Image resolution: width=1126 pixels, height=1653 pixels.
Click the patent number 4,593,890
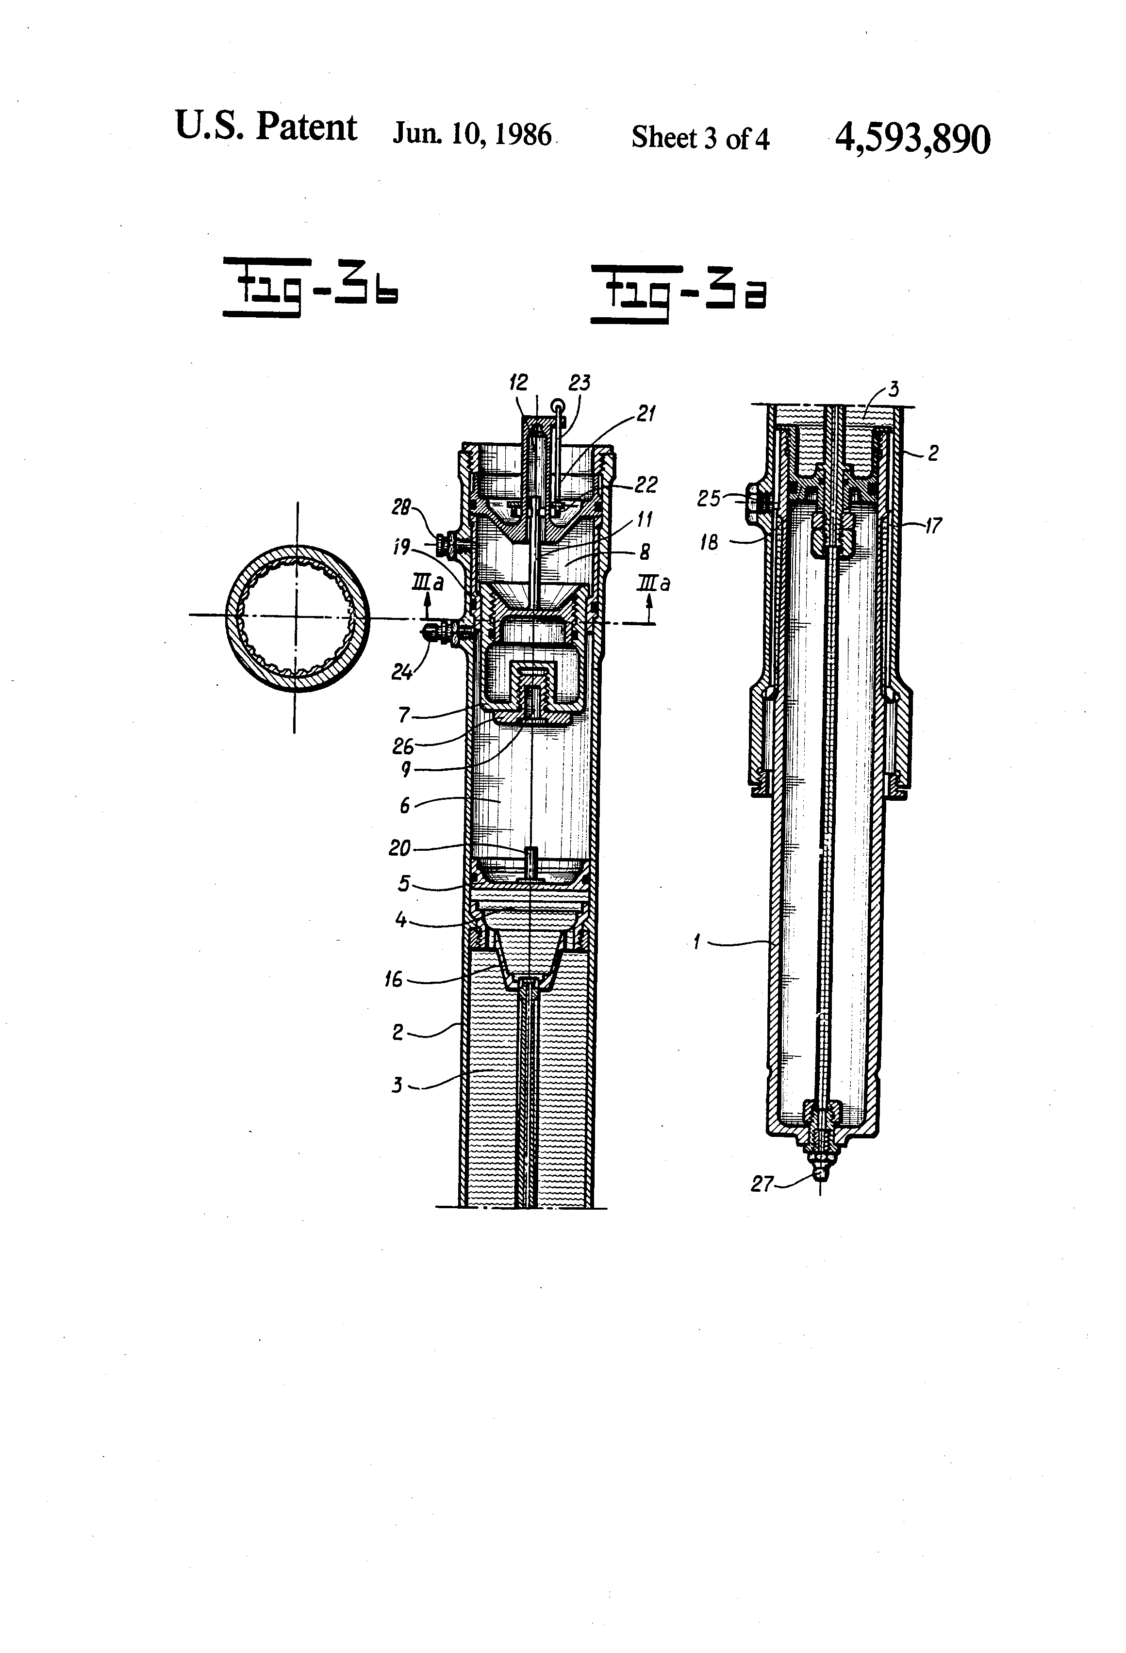912,139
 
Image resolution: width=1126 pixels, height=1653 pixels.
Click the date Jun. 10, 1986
472,134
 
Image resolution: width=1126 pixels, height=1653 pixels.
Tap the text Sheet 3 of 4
700,138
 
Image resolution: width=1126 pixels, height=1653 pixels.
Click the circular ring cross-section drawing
298,617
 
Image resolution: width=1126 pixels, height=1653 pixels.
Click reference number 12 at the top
518,383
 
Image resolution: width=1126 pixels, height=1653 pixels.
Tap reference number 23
580,383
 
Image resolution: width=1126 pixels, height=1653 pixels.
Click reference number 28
401,507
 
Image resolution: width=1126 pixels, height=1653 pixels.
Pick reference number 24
402,671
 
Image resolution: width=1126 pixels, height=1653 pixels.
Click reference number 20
399,848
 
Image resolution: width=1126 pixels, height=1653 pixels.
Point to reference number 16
394,979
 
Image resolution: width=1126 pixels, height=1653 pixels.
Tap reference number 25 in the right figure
709,499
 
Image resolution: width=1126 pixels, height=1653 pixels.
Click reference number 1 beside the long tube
697,942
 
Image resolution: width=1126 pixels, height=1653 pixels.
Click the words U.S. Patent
265,127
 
